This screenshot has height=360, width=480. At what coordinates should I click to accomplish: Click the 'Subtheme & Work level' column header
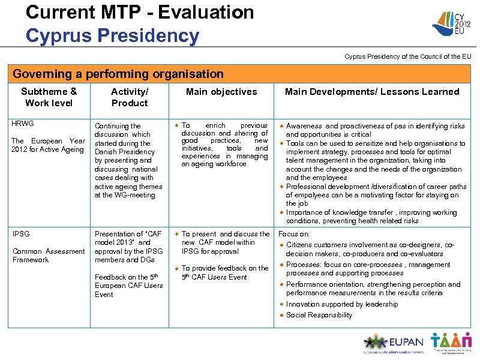(49, 97)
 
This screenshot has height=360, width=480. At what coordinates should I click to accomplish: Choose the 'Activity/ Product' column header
(129, 97)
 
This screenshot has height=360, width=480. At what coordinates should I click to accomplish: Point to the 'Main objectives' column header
(221, 92)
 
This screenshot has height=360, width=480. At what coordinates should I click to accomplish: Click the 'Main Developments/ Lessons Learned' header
(372, 92)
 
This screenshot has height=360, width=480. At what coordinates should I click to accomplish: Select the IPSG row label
(21, 234)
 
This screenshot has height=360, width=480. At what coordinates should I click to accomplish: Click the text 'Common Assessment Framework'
(49, 256)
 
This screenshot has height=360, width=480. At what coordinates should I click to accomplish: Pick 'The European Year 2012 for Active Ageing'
(49, 145)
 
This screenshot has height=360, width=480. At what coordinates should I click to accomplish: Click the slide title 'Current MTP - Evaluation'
(140, 12)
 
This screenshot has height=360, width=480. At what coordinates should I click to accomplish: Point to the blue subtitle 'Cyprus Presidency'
(112, 35)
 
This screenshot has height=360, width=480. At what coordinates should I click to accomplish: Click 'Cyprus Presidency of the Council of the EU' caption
(407, 56)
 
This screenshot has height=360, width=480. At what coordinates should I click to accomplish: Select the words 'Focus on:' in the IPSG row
(294, 234)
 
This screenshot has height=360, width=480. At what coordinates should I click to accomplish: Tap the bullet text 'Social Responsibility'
(319, 315)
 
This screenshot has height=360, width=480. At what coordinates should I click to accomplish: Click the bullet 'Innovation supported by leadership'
(342, 304)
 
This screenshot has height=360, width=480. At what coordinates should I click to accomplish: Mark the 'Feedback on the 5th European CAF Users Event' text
(128, 286)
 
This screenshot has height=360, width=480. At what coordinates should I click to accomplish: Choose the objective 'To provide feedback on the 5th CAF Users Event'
(224, 272)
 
